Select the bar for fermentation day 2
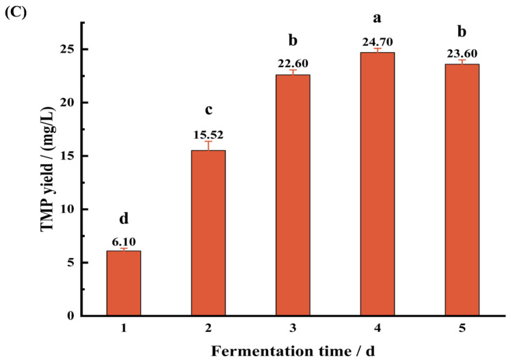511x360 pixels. click(209, 233)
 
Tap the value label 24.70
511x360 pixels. click(378, 42)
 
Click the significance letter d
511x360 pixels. click(124, 219)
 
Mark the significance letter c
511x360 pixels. click(209, 111)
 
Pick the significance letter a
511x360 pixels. click(378, 20)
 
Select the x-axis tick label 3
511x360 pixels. click(293, 329)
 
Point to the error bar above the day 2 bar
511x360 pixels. click(209, 144)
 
